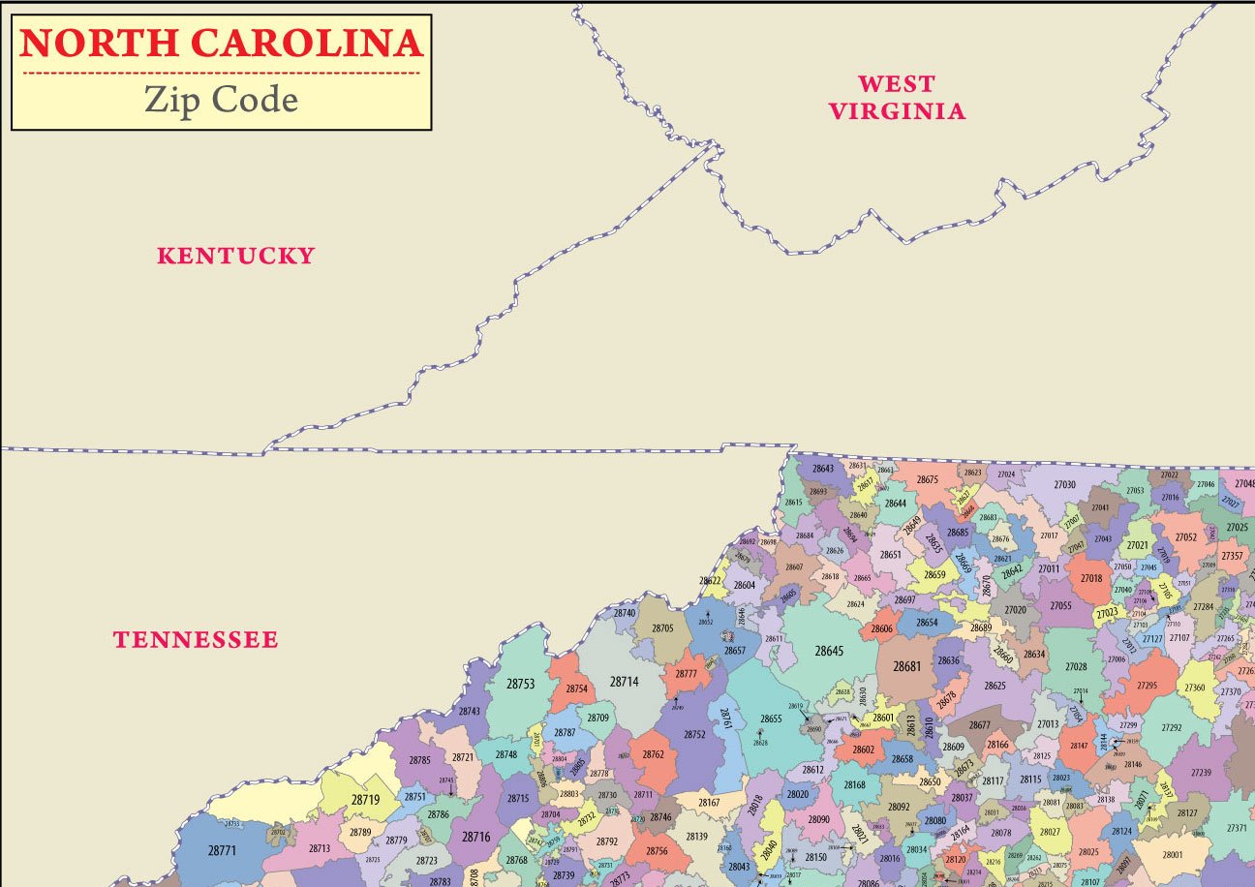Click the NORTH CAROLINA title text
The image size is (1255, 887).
[x=222, y=44]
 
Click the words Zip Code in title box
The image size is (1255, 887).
[x=221, y=100]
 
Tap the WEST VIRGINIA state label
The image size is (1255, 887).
[x=897, y=97]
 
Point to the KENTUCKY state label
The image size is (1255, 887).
[x=236, y=256]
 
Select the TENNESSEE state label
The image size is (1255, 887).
[x=196, y=640]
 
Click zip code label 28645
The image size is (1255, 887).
[x=829, y=651]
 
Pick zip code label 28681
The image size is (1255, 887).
[x=907, y=666]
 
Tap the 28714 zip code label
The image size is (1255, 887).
[x=625, y=682]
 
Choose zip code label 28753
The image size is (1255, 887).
[x=520, y=684]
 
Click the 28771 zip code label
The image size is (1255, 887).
[x=222, y=850]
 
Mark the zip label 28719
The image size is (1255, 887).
[x=365, y=801]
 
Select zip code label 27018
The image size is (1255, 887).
[x=1091, y=578]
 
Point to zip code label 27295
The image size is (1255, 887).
[x=1148, y=686]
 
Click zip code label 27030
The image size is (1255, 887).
[x=1065, y=484]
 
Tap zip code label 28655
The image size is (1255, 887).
[x=771, y=719]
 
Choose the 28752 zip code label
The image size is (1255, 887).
[x=694, y=735]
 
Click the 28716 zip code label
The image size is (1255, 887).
[x=475, y=837]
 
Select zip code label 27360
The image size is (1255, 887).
[x=1195, y=688]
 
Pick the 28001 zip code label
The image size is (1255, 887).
[x=1173, y=855]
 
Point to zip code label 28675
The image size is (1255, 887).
[x=928, y=479]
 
